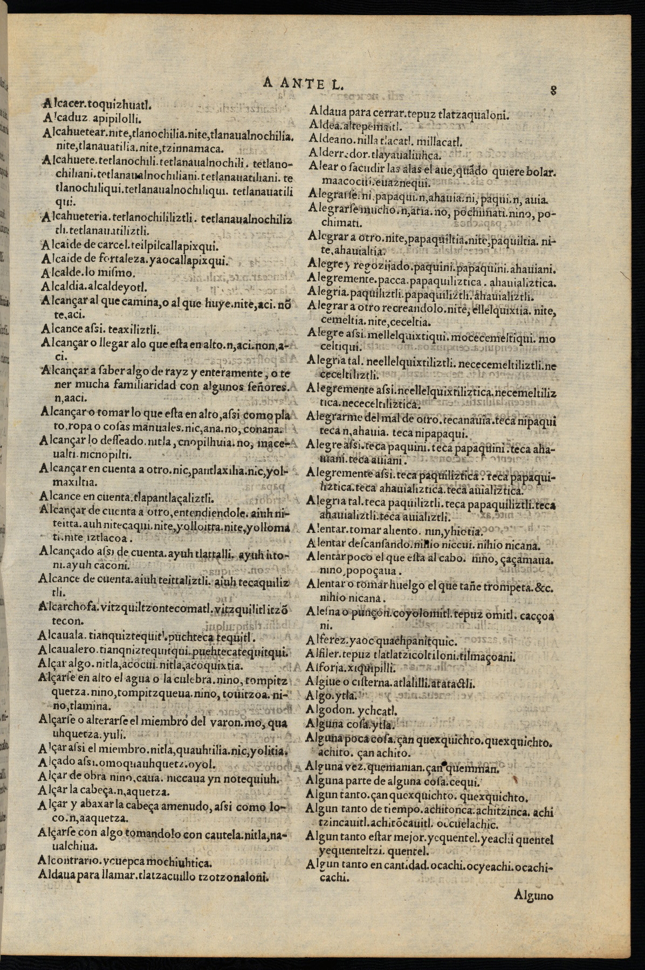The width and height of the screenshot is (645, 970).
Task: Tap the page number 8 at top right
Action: tap(553, 89)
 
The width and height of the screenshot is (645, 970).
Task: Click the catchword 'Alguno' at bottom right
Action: tap(534, 896)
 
